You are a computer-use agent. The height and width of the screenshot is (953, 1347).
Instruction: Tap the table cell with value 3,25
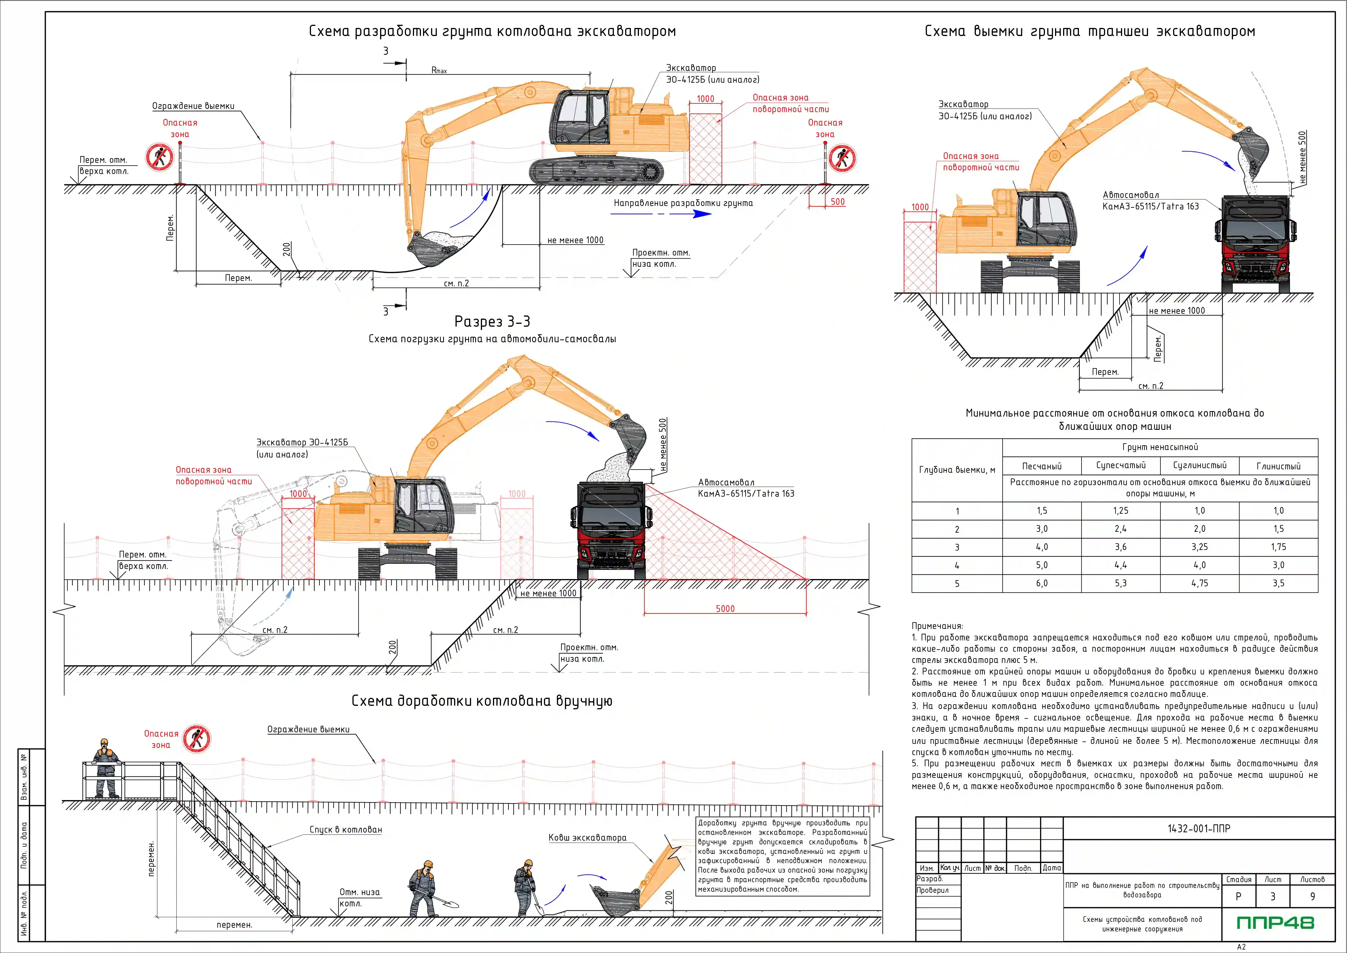coord(1200,547)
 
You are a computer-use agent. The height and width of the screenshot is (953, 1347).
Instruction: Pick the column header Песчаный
coord(1042,466)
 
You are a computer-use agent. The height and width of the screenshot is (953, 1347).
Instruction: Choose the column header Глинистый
coord(1278,466)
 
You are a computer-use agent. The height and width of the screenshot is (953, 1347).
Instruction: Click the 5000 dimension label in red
coord(725,608)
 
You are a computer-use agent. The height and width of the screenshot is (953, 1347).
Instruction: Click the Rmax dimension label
coord(439,70)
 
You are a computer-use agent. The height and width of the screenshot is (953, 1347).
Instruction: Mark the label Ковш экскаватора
coord(587,837)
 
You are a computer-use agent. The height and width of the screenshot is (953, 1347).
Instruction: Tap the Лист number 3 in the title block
coord(1272,896)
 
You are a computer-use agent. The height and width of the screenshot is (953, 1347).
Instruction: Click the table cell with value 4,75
coord(1200,583)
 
